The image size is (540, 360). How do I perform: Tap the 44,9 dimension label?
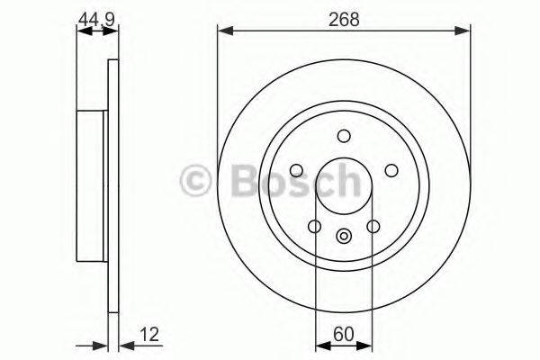point(97,17)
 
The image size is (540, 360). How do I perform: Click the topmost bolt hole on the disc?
point(343,136)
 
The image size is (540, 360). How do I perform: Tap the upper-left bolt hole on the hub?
point(296,170)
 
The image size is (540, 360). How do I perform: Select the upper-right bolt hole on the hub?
point(391,170)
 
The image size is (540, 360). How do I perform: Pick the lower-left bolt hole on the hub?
point(314,226)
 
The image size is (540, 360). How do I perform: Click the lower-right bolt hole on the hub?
point(373,226)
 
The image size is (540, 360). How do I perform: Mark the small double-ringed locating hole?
point(343,237)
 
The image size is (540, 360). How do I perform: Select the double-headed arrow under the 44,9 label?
point(97,31)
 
